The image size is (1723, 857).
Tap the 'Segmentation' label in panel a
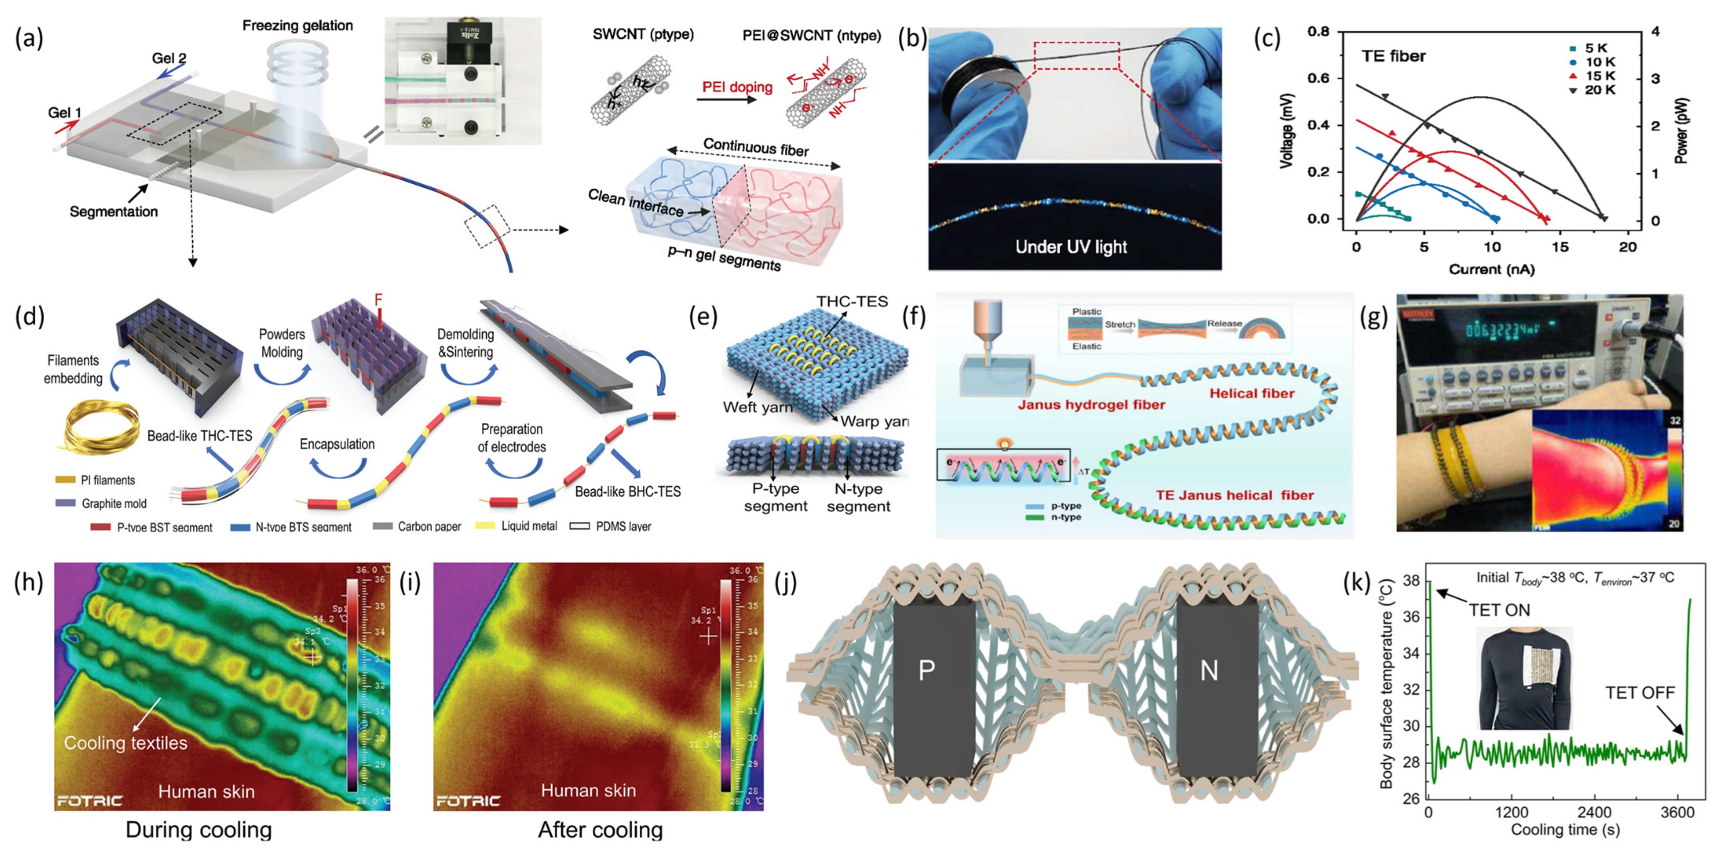tap(114, 212)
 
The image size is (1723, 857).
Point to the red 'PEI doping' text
tap(737, 87)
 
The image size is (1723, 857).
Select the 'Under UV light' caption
tap(1071, 247)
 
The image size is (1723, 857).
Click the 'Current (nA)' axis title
tap(1491, 269)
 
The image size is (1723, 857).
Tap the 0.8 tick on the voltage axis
tap(1318, 31)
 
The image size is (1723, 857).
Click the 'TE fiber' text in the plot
tap(1393, 56)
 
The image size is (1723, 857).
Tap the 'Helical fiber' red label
tap(1252, 393)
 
